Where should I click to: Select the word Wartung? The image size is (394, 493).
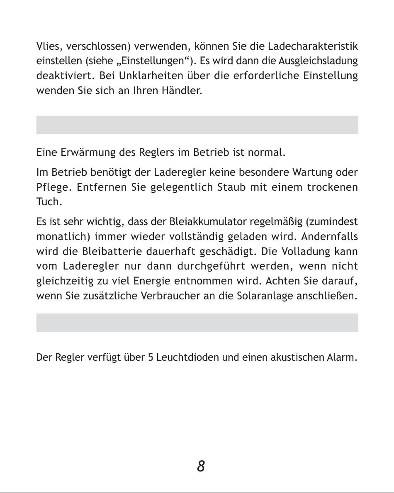[314, 172]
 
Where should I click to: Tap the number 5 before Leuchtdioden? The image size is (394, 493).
[151, 357]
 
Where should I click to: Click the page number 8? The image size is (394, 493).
[201, 466]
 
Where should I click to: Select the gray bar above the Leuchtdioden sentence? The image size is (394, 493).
[197, 323]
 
